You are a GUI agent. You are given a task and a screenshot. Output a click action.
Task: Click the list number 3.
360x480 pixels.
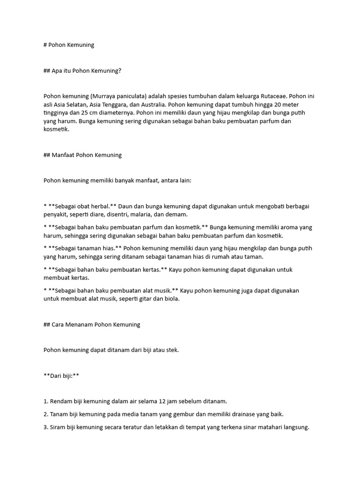(x=45, y=427)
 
